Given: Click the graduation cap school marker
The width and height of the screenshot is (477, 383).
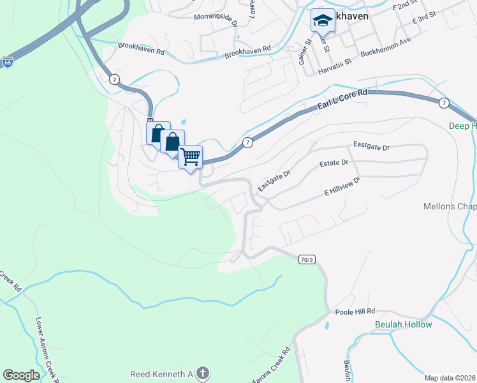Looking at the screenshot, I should pos(322,22).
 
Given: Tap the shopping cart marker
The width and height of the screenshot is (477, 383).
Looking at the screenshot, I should pos(190,156).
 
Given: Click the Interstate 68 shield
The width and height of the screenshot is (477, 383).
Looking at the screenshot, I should pos(7,63).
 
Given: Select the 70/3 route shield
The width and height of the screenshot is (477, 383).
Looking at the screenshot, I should pos(307,259).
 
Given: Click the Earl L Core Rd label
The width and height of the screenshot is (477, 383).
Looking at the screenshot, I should pos(343,101).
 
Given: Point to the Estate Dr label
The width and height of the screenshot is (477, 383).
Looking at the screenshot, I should pos(335,163).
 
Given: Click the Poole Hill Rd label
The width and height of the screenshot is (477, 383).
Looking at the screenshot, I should pos(355,311).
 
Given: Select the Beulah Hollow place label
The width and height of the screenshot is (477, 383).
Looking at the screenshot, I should pos(403,324).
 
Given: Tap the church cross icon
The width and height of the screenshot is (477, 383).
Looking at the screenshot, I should pos(202,373).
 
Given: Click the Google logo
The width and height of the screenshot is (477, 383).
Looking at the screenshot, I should pos(21,375).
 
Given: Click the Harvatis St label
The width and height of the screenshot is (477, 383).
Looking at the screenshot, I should pos(335,63).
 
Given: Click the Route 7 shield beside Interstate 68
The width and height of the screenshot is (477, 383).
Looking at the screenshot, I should pos(114,79).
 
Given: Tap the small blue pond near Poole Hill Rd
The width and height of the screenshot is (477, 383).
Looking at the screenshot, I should pos(327,325).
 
